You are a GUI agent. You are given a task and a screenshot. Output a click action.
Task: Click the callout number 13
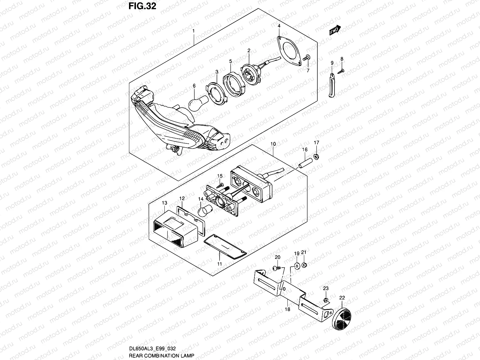coord(164,203)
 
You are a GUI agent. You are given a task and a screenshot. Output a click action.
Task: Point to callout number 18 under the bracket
coord(287,309)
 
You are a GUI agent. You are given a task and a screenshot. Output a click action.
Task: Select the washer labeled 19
coord(297,265)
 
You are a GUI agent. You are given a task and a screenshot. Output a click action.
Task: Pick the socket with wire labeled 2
coord(250,67)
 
